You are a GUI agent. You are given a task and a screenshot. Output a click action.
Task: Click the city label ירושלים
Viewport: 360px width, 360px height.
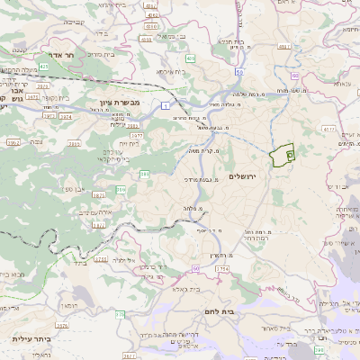pos(244,176)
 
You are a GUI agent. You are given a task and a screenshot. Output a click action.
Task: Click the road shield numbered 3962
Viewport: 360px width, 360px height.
pos(13,142)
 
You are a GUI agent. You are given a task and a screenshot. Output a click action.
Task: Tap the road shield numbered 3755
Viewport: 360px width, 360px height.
pos(100,259)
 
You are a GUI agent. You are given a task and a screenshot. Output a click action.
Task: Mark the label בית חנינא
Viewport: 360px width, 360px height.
pos(229,41)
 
